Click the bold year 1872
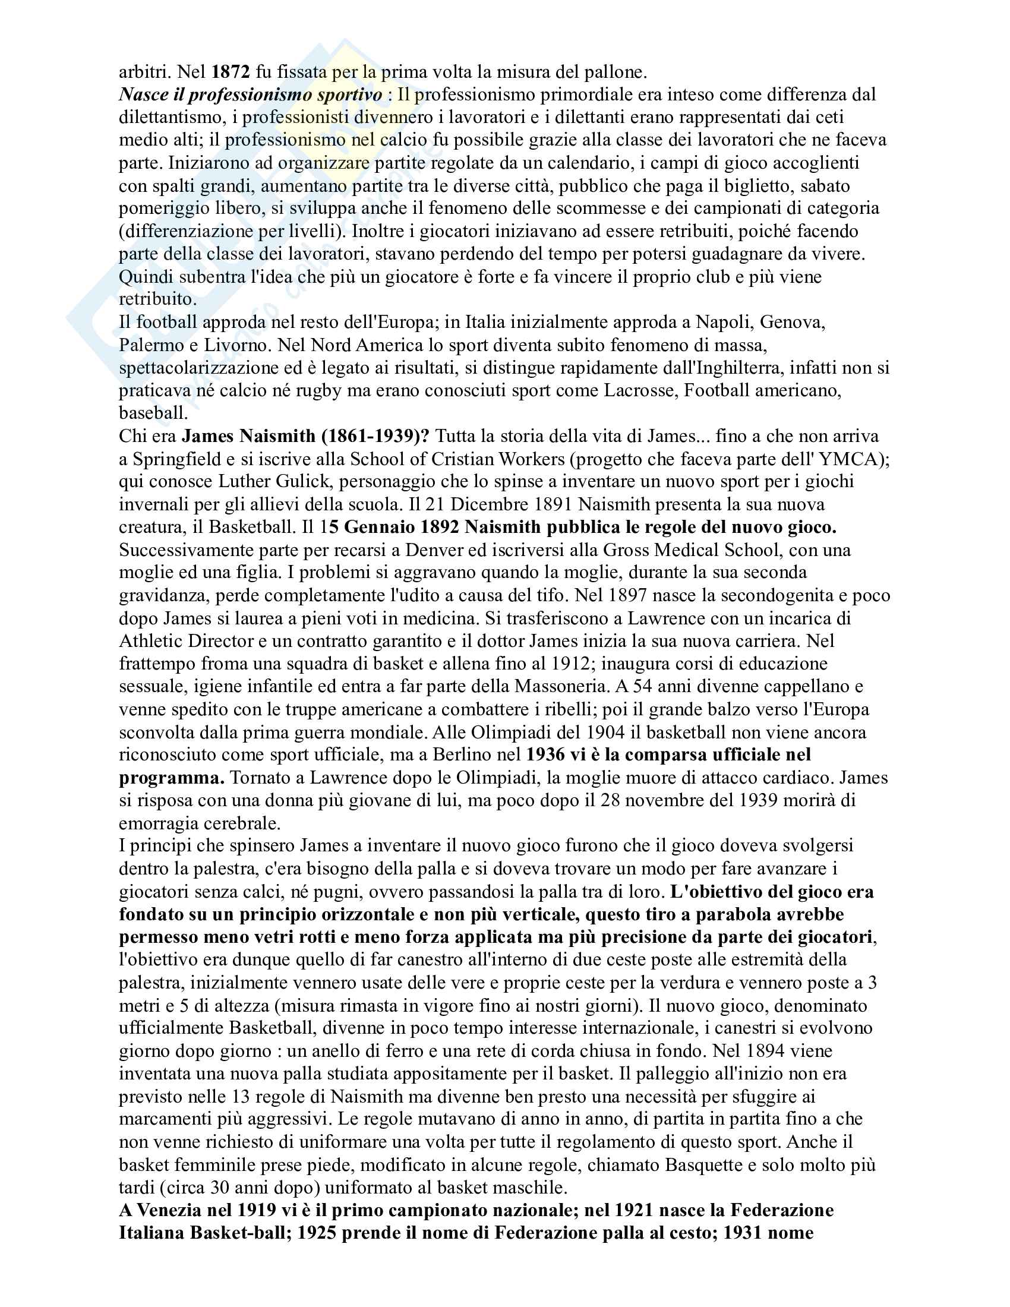231,72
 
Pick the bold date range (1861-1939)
375,435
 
